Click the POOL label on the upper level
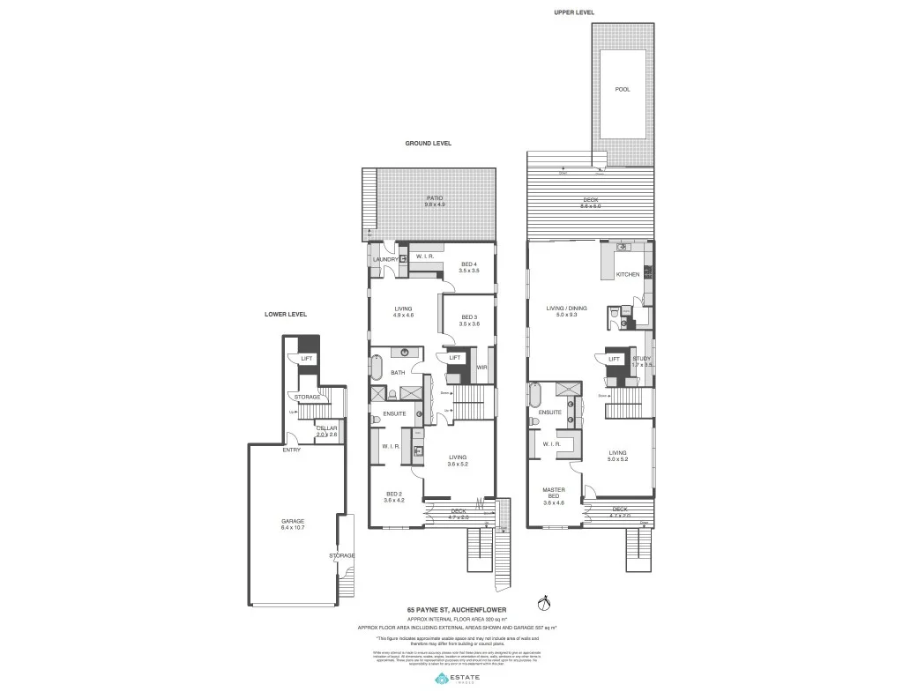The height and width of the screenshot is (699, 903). (x=623, y=89)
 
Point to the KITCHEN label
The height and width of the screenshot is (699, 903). (x=628, y=275)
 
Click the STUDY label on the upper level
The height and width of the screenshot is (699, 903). (x=641, y=360)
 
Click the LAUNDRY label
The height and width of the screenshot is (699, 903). (x=385, y=260)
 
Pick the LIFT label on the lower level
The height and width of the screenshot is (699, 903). (x=306, y=359)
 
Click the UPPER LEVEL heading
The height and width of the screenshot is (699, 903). (x=574, y=12)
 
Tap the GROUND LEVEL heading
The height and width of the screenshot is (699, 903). (x=429, y=143)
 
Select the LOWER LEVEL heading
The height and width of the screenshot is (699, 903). (x=286, y=315)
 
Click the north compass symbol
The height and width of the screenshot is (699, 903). (x=544, y=605)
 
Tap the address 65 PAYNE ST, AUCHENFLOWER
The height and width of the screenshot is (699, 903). (x=451, y=609)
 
